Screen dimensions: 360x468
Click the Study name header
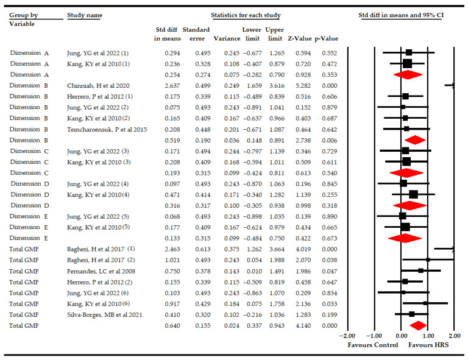click(84, 15)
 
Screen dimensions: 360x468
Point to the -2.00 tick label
click(347, 336)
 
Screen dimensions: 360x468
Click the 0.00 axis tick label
click(401, 336)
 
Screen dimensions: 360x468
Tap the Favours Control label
click(372, 345)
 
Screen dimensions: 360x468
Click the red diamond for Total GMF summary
click(418, 325)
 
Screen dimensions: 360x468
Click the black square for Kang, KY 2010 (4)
click(413, 194)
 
